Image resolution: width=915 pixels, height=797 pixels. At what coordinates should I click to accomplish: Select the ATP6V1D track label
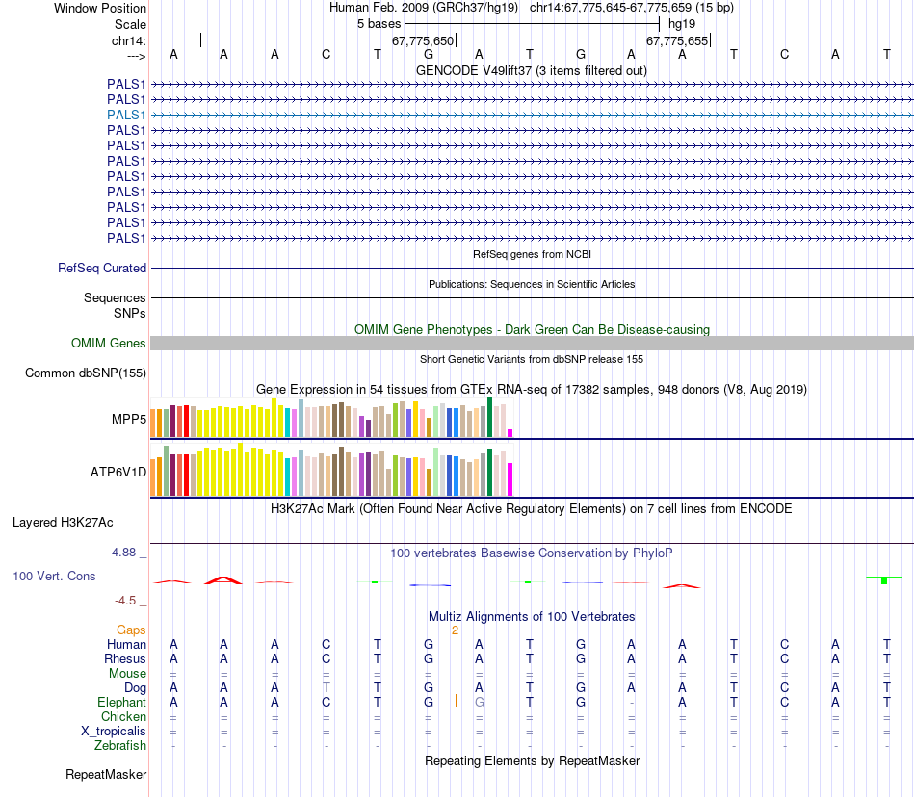[x=118, y=473]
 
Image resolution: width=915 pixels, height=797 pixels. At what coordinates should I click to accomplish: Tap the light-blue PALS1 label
[x=126, y=115]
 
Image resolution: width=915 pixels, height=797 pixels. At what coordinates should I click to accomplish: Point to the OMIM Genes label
[x=109, y=344]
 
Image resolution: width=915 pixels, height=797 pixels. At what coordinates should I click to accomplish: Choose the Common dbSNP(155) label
[x=86, y=373]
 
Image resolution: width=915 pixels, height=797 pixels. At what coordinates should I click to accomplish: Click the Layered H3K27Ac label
[x=63, y=524]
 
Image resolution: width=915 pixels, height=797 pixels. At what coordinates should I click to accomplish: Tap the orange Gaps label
[x=131, y=630]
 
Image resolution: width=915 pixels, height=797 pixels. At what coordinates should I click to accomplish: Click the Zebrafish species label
[x=120, y=746]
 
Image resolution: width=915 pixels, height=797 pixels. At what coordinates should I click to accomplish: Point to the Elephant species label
[x=122, y=703]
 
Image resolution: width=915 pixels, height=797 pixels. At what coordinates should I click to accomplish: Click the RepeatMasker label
[x=106, y=774]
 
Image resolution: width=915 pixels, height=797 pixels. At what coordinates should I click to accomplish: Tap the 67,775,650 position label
[x=422, y=41]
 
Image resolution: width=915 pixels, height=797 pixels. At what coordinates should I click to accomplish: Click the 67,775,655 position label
[x=676, y=41]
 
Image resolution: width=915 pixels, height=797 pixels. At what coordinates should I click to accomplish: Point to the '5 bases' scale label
[x=379, y=22]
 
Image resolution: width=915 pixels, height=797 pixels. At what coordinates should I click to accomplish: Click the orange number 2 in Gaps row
[x=455, y=630]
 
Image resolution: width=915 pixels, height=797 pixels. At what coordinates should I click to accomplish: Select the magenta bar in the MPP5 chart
[x=510, y=432]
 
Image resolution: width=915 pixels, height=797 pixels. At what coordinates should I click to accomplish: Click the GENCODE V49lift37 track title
[x=531, y=70]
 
